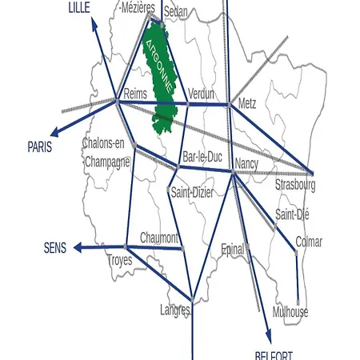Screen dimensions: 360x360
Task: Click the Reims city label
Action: [x=136, y=94]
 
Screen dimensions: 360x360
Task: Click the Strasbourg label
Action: [x=295, y=186]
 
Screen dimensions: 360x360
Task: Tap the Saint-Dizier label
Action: [x=192, y=192]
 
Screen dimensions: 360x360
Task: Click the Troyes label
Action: [x=121, y=260]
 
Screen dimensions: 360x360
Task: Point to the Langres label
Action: [x=175, y=310]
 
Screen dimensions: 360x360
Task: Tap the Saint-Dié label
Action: [x=292, y=214]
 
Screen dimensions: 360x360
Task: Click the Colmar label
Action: [x=309, y=241]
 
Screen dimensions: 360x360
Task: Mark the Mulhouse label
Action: [x=290, y=312]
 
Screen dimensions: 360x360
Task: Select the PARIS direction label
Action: [x=40, y=147]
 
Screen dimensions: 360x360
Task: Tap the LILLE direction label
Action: [x=79, y=7]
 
